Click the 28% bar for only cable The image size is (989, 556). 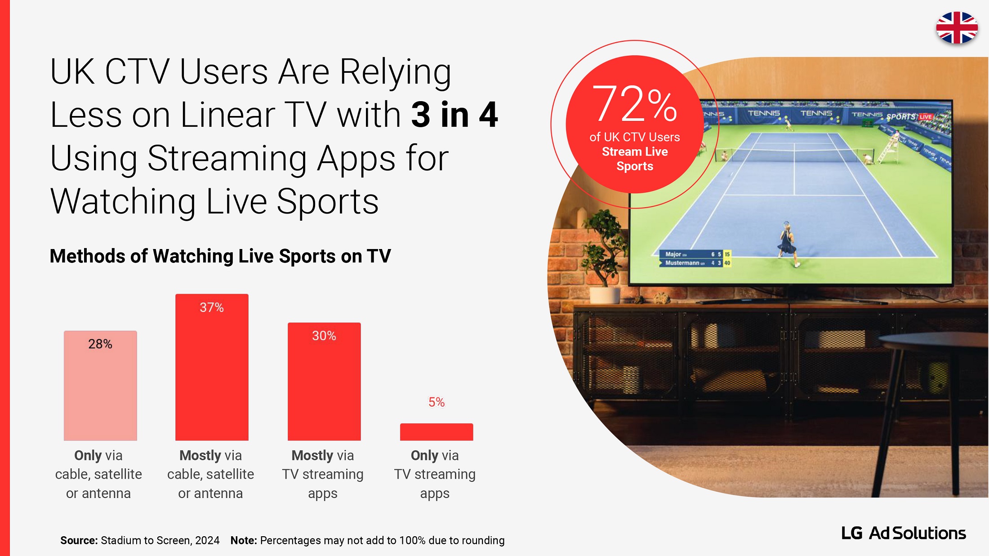coord(100,386)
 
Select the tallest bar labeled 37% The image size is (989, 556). coord(212,367)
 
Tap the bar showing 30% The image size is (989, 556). coord(324,382)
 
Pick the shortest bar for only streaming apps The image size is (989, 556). coord(437,432)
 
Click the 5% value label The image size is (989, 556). coord(437,402)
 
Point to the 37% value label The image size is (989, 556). coord(212,307)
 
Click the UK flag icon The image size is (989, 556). coord(957,28)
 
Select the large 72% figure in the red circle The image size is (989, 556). coord(634,104)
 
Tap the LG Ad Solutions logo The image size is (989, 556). coord(904,533)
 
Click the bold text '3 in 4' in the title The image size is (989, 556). coord(454,115)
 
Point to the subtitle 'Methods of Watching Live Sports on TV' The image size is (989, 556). coord(220,256)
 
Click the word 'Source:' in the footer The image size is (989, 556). coord(79,540)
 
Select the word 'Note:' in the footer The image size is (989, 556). coord(244,540)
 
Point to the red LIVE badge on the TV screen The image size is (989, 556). coord(925,117)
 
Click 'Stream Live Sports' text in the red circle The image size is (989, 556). coord(635,159)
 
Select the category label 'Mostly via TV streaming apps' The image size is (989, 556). coord(323,474)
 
